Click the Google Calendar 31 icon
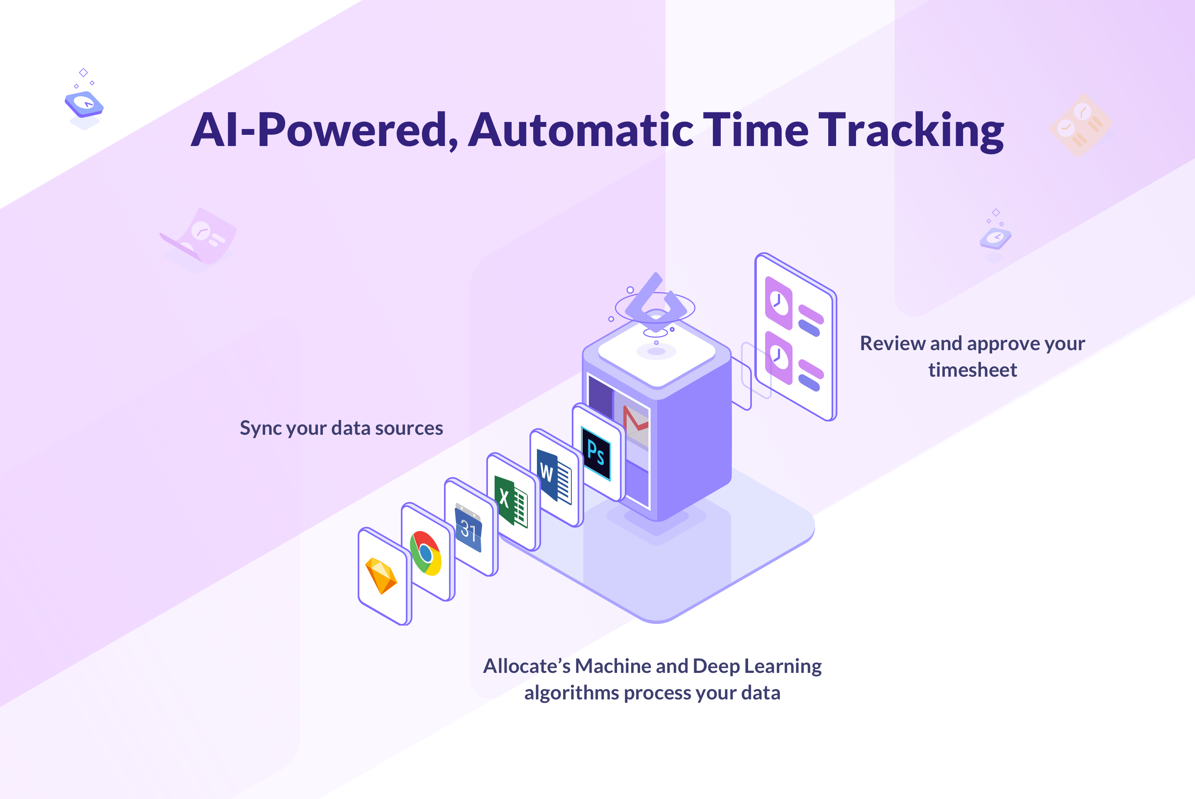(x=468, y=527)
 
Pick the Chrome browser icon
(x=426, y=553)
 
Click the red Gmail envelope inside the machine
(x=635, y=421)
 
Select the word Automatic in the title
(x=581, y=129)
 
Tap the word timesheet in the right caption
(x=972, y=370)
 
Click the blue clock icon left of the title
(x=84, y=104)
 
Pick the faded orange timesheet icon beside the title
(x=1080, y=125)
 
